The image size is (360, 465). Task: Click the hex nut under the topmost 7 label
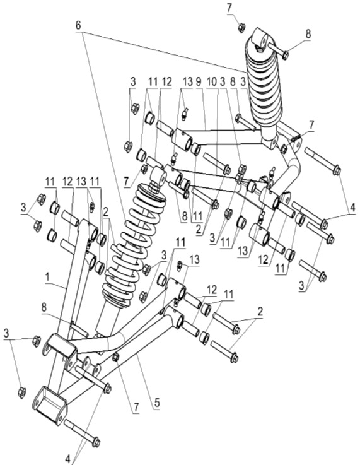[x=241, y=26]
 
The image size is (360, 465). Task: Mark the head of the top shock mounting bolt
[x=286, y=55]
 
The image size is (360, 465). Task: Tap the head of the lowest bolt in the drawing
[x=96, y=442]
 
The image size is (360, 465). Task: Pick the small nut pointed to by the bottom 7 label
[x=116, y=358]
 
